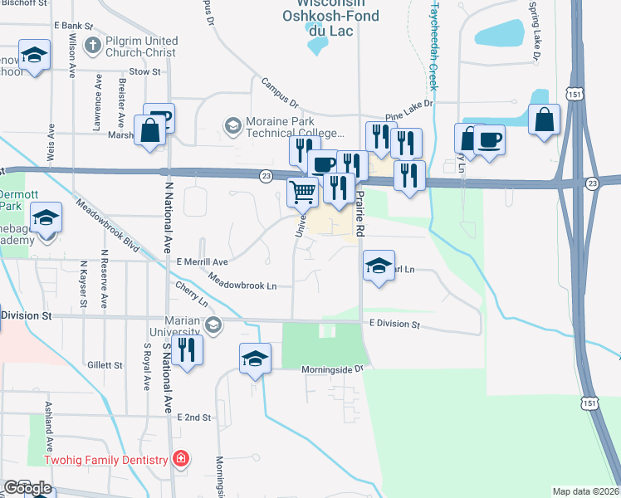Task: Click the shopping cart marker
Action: pyautogui.click(x=303, y=193)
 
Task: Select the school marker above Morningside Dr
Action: pyautogui.click(x=255, y=359)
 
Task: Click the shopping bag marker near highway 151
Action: pyautogui.click(x=544, y=120)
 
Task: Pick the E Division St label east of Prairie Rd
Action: pyautogui.click(x=396, y=325)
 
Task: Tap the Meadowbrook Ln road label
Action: pyautogui.click(x=242, y=282)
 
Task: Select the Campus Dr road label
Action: pyautogui.click(x=280, y=94)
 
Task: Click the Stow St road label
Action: pyautogui.click(x=144, y=72)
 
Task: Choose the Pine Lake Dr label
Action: pyautogui.click(x=408, y=110)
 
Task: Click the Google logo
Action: pyautogui.click(x=27, y=488)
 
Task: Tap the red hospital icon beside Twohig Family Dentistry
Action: pyautogui.click(x=180, y=459)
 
